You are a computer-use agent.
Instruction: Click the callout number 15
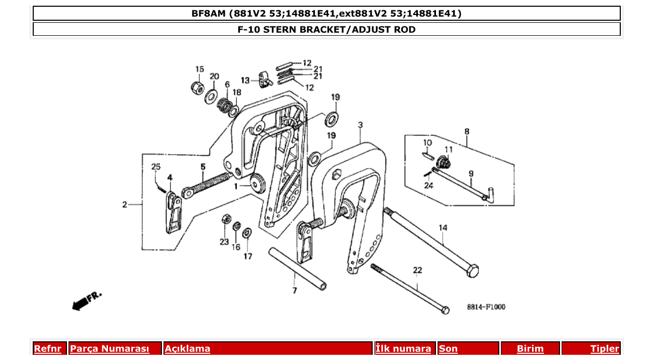point(200,70)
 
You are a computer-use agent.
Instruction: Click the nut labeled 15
point(197,88)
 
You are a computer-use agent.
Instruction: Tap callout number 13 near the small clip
point(246,80)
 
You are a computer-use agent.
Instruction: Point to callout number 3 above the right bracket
point(360,125)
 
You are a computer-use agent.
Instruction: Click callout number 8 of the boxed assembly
point(467,131)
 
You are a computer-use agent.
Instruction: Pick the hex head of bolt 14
point(472,271)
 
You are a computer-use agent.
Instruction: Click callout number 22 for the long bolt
point(418,270)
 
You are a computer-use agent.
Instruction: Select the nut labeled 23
point(226,218)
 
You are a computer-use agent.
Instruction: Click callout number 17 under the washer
point(248,256)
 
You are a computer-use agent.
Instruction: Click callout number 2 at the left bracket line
point(125,205)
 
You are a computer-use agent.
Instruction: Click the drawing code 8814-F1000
point(486,307)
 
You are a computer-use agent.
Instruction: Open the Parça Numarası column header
point(110,349)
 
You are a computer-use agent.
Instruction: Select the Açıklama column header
point(187,349)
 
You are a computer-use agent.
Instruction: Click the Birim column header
point(530,349)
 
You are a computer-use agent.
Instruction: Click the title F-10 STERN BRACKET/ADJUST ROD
point(326,30)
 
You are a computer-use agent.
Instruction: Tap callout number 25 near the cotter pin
point(156,167)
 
